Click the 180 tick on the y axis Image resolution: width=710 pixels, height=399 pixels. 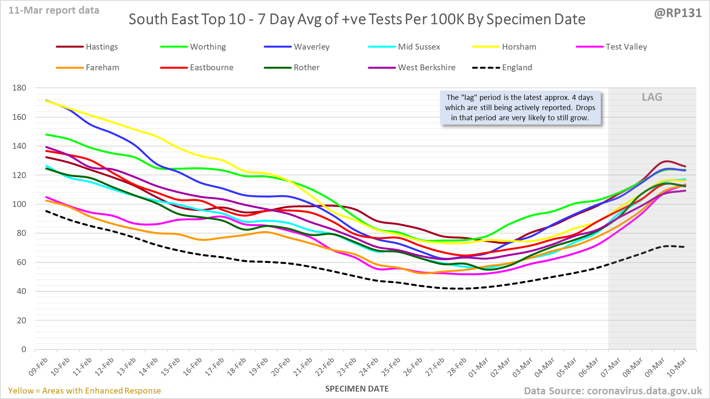pyautogui.click(x=20, y=88)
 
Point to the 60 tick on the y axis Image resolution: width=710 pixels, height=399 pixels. pyautogui.click(x=21, y=262)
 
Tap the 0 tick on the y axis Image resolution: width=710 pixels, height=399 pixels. pyautogui.click(x=24, y=349)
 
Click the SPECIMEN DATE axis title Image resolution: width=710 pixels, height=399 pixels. pyautogui.click(x=357, y=389)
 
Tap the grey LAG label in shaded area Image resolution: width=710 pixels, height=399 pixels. pyautogui.click(x=652, y=97)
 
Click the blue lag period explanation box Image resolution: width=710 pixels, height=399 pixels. pyautogui.click(x=520, y=108)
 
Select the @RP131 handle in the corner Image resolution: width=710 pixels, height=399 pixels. pyautogui.click(x=678, y=13)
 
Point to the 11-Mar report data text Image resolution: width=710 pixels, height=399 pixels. pyautogui.click(x=54, y=11)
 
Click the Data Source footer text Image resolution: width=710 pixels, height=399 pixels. pyautogui.click(x=612, y=391)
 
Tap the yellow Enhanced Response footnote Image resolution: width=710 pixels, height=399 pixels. pyautogui.click(x=85, y=391)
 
